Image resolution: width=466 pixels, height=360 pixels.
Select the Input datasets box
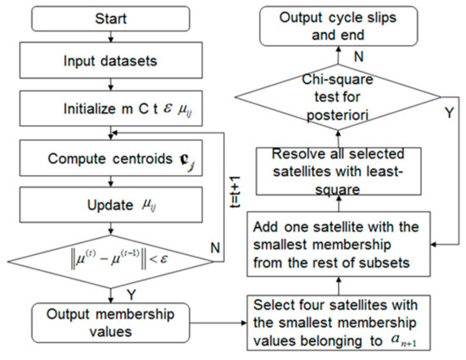coord(116,63)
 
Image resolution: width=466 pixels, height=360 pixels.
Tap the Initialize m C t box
coord(116,108)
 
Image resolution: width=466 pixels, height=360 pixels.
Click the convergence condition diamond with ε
coord(116,254)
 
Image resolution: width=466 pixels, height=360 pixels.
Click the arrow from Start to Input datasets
coord(116,41)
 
